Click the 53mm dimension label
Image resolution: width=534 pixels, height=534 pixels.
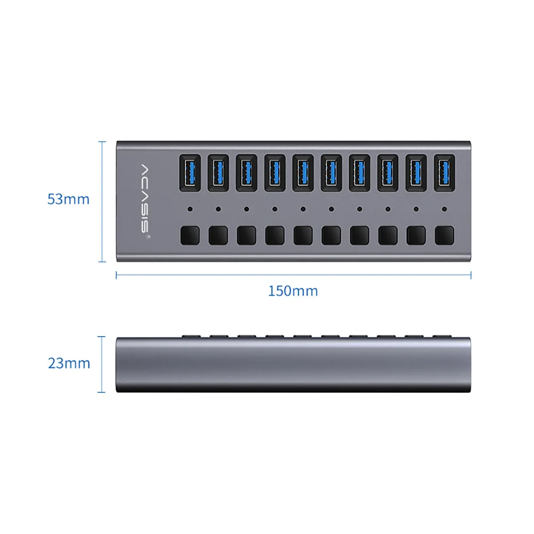68,199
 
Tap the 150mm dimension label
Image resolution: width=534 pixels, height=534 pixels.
293,291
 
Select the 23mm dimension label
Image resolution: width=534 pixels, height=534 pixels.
69,363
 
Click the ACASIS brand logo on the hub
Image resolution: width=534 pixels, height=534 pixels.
145,199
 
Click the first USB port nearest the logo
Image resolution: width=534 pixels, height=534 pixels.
190,173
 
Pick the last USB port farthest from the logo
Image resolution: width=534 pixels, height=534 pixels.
444,173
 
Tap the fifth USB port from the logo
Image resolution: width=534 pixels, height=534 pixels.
303,173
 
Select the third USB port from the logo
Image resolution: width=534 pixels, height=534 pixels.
247,173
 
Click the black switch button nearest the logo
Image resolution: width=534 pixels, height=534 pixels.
190,236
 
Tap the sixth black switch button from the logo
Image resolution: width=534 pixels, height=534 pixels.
331,236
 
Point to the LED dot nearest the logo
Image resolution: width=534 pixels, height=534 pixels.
190,209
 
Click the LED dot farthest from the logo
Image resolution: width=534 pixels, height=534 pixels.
444,209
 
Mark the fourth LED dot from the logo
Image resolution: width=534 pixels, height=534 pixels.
275,209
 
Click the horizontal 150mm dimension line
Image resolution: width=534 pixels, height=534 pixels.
294,275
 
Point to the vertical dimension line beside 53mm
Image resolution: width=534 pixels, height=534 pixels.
102,201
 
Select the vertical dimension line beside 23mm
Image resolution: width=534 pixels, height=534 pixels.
101,365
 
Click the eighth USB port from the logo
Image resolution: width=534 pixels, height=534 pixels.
388,173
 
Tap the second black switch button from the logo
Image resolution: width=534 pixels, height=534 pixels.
219,236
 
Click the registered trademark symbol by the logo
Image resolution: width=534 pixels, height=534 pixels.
148,237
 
